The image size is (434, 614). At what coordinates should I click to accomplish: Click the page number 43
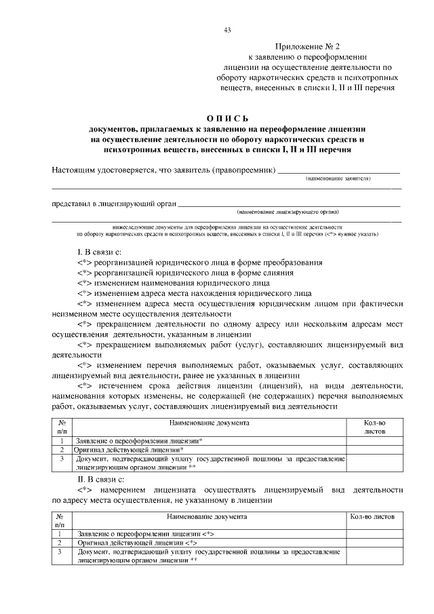227,29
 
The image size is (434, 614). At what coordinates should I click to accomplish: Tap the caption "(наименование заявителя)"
337,178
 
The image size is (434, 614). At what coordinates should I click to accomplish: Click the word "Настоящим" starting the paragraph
75,169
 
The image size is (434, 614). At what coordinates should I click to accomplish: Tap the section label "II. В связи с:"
100,480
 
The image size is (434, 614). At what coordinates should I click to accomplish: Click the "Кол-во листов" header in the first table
374,426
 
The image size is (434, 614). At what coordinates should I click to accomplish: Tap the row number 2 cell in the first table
62,450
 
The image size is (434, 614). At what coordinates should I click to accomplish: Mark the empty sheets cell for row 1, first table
374,440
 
